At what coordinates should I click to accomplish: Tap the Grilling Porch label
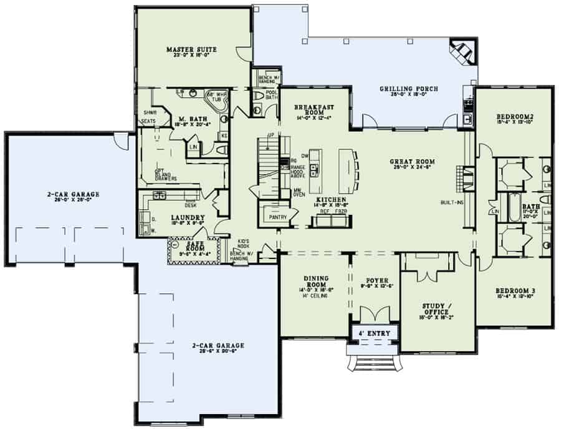point(408,89)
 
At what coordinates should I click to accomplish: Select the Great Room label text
point(412,162)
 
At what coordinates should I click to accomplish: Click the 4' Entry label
point(375,333)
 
